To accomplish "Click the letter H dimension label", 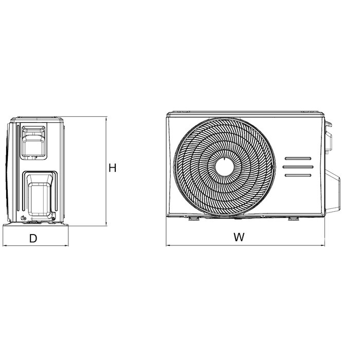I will [113, 168].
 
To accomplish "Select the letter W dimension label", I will [238, 237].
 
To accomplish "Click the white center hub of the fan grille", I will [224, 166].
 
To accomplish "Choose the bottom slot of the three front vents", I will [298, 176].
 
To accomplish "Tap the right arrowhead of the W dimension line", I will [323, 246].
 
